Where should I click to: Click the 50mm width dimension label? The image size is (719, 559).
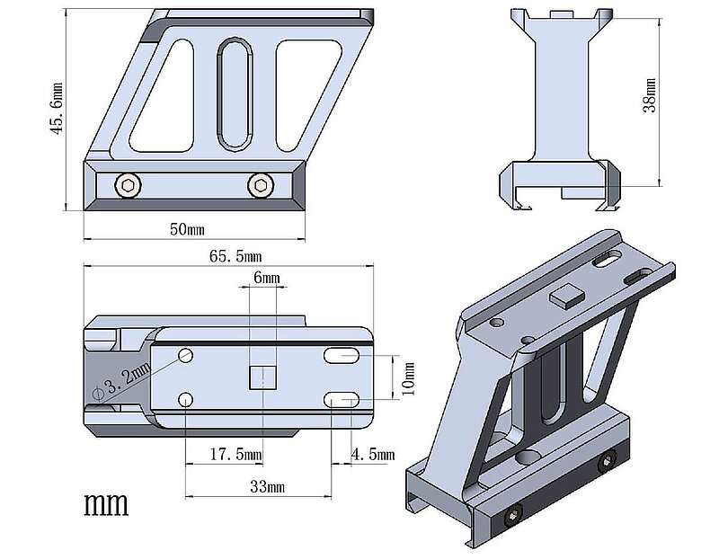(x=187, y=229)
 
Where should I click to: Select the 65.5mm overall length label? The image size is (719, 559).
(x=235, y=256)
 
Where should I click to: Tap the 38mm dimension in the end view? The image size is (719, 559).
(x=649, y=95)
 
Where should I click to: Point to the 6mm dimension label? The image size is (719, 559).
(x=266, y=278)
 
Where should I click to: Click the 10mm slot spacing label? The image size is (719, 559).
(x=408, y=378)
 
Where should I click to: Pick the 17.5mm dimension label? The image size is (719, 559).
(x=235, y=454)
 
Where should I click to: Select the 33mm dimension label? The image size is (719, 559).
(x=267, y=486)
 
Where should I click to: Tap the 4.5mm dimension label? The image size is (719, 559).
(x=373, y=454)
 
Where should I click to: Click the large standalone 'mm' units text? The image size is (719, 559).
(x=106, y=504)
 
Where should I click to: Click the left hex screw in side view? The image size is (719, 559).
(x=128, y=186)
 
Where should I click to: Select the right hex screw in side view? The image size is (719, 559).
(x=261, y=185)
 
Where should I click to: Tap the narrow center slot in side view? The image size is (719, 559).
(x=235, y=94)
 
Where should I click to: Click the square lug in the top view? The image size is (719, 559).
(x=262, y=377)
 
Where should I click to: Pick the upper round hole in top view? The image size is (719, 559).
(x=185, y=355)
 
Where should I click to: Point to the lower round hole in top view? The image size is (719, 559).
(x=185, y=400)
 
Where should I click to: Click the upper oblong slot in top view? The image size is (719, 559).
(x=342, y=355)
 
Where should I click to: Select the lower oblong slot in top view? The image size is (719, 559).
(x=342, y=400)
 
